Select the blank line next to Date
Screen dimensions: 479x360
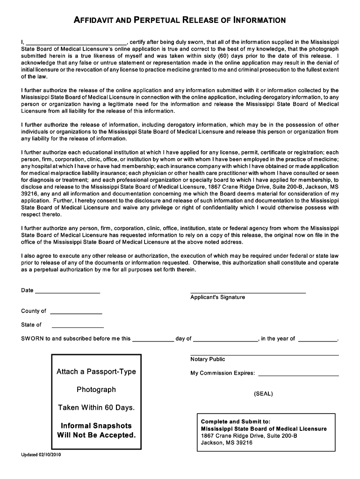click(x=67, y=292)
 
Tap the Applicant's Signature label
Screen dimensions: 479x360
click(x=217, y=298)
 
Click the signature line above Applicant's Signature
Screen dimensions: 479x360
click(x=248, y=292)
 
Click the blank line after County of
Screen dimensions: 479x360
click(x=76, y=312)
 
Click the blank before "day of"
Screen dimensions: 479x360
click(x=153, y=340)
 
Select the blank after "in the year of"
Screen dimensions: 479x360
click(x=317, y=340)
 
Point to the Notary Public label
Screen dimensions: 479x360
click(x=208, y=359)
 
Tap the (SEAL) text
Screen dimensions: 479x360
click(x=263, y=394)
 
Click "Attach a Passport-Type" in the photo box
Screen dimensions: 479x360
click(x=96, y=371)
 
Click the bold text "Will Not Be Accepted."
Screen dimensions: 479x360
click(x=96, y=435)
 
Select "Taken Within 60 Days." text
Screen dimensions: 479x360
click(x=96, y=407)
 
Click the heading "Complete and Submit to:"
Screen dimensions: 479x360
click(x=236, y=421)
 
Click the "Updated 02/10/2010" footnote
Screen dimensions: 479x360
click(x=41, y=455)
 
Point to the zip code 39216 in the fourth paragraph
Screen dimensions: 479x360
click(x=30, y=194)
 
